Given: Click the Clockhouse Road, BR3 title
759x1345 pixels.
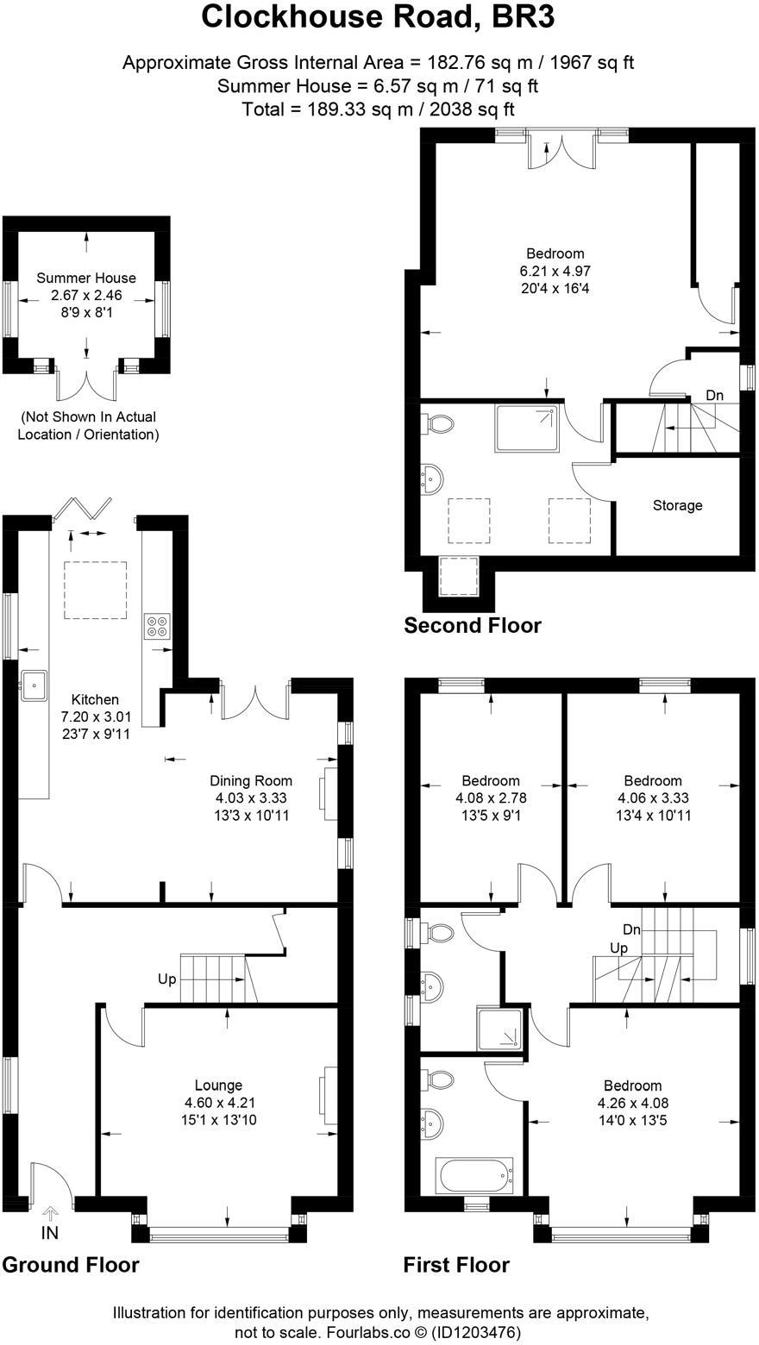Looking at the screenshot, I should [379, 17].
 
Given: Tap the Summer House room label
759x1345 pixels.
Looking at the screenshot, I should [86, 278].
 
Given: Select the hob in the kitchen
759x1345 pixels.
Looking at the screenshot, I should [157, 625].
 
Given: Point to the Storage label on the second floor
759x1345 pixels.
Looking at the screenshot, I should [677, 505].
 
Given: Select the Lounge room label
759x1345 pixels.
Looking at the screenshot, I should [218, 1085].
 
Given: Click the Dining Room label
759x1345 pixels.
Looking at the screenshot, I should [251, 781].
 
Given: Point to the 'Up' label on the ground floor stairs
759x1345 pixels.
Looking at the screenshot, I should [167, 979].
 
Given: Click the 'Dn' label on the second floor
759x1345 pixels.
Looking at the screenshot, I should [715, 395].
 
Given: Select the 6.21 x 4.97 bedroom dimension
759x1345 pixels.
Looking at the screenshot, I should [555, 271].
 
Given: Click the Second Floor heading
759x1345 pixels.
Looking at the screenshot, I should [473, 625].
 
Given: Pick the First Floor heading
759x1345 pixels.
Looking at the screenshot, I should [456, 1265].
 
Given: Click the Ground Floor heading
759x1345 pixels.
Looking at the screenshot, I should [71, 1265].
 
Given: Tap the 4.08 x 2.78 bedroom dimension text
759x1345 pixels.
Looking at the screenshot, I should [491, 798].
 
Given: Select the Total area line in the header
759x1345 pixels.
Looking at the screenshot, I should [379, 109].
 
